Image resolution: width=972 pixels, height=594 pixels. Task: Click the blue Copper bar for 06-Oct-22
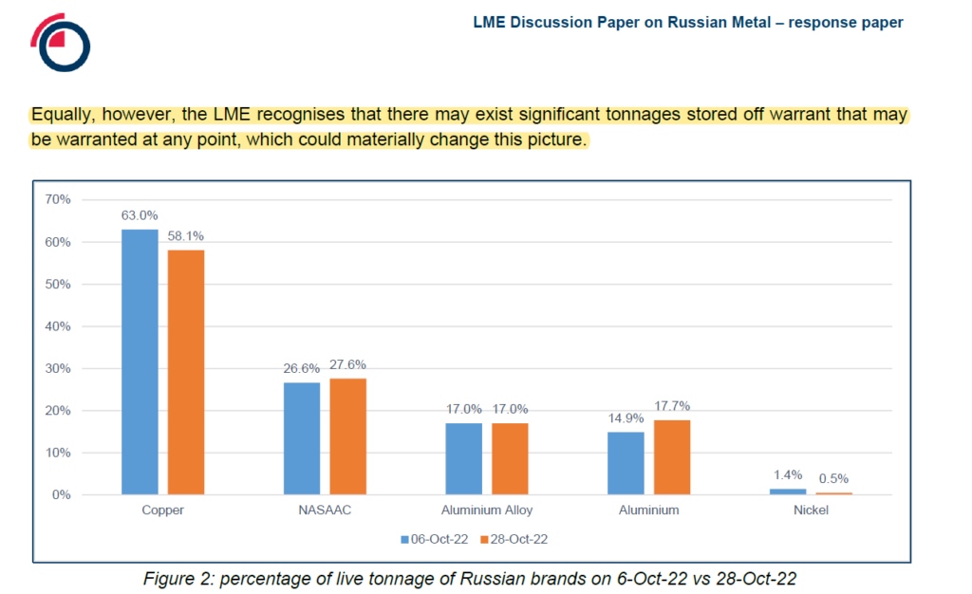click(x=140, y=362)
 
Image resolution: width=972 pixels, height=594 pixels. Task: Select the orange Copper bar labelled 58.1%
click(x=186, y=372)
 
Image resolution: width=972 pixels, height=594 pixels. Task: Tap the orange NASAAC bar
click(x=347, y=436)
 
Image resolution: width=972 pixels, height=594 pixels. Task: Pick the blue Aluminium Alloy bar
click(x=463, y=458)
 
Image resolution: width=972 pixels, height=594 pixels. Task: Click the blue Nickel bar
click(x=789, y=492)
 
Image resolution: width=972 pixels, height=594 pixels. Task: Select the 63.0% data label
click(x=140, y=215)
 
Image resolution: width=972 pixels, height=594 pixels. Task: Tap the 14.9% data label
click(x=626, y=418)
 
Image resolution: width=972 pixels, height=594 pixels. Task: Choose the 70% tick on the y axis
click(x=59, y=200)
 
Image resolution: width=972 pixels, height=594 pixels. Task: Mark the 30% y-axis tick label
click(x=59, y=368)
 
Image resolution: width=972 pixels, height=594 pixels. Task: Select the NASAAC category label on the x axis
click(x=325, y=510)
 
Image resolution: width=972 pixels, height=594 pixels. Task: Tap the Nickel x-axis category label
click(x=811, y=510)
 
